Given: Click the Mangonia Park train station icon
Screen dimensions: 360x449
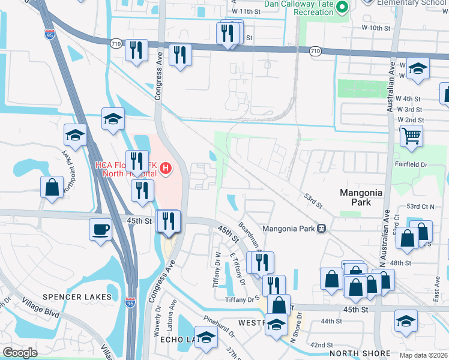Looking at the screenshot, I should (x=322, y=228).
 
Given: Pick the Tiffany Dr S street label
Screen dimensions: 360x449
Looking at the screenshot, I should (x=241, y=299).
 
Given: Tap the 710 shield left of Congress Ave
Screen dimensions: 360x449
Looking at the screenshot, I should (x=115, y=43).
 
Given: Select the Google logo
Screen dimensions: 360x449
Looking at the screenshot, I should (x=20, y=353).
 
